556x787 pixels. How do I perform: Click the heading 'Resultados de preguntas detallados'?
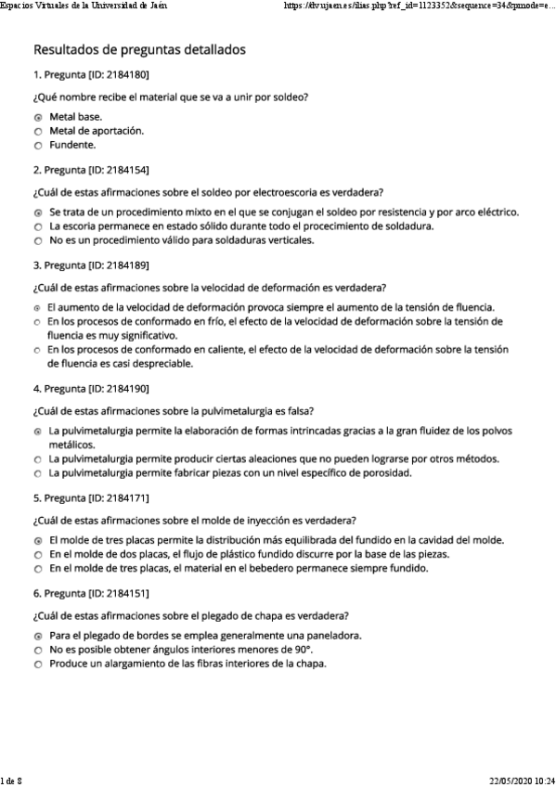click(x=139, y=49)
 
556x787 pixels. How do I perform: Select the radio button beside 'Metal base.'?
click(x=38, y=118)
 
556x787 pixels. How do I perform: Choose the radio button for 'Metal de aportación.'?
click(x=38, y=132)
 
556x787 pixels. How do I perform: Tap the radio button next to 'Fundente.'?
click(x=38, y=146)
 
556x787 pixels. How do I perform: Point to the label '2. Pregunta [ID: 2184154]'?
click(x=91, y=170)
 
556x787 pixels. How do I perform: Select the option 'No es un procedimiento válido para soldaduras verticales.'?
click(x=181, y=241)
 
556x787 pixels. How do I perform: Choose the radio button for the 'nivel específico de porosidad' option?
click(x=38, y=474)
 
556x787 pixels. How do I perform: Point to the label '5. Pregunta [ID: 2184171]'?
click(x=91, y=497)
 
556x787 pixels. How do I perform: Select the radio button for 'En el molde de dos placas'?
click(x=38, y=555)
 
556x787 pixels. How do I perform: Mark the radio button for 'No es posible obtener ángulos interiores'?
click(x=38, y=651)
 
